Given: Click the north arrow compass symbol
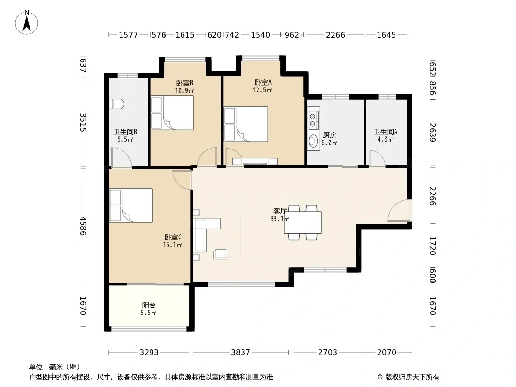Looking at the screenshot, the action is (27, 22).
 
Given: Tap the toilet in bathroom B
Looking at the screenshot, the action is (117, 104).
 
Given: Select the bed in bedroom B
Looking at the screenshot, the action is (172, 112).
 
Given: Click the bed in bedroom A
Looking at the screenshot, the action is (245, 124).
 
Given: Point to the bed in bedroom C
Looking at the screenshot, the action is (131, 205).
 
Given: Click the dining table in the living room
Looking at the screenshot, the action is (303, 223).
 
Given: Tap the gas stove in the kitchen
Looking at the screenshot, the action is (313, 119).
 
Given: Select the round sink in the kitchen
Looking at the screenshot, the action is (313, 141).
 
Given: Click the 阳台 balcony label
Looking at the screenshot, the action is (149, 305).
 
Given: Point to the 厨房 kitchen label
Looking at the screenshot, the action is (330, 135).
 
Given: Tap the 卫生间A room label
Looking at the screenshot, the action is (385, 132).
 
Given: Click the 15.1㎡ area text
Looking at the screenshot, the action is (172, 245).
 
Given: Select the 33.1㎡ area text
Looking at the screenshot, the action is (280, 219).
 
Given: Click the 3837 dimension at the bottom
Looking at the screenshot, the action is (241, 352).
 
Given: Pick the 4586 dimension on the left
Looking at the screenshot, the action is (83, 225).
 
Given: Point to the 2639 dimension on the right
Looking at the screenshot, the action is (432, 133).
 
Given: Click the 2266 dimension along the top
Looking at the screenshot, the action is (335, 35).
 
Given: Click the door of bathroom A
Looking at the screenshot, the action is (377, 159).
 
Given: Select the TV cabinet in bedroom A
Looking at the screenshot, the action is (255, 162).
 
